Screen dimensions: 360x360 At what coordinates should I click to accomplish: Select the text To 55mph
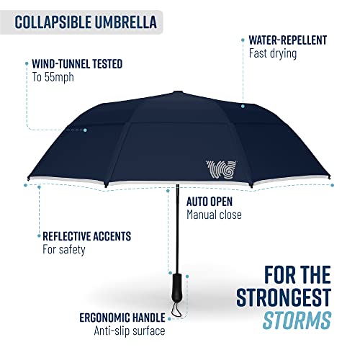pos(53,77)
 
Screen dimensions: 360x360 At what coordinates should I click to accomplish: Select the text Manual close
pos(214,215)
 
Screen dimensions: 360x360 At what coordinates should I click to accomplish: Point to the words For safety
pos(64,249)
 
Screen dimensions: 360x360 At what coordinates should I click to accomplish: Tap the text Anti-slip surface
pos(130,330)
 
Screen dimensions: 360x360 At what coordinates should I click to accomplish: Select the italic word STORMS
pos(300,319)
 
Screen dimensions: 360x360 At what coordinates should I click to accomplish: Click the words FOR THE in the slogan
pos(295,275)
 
